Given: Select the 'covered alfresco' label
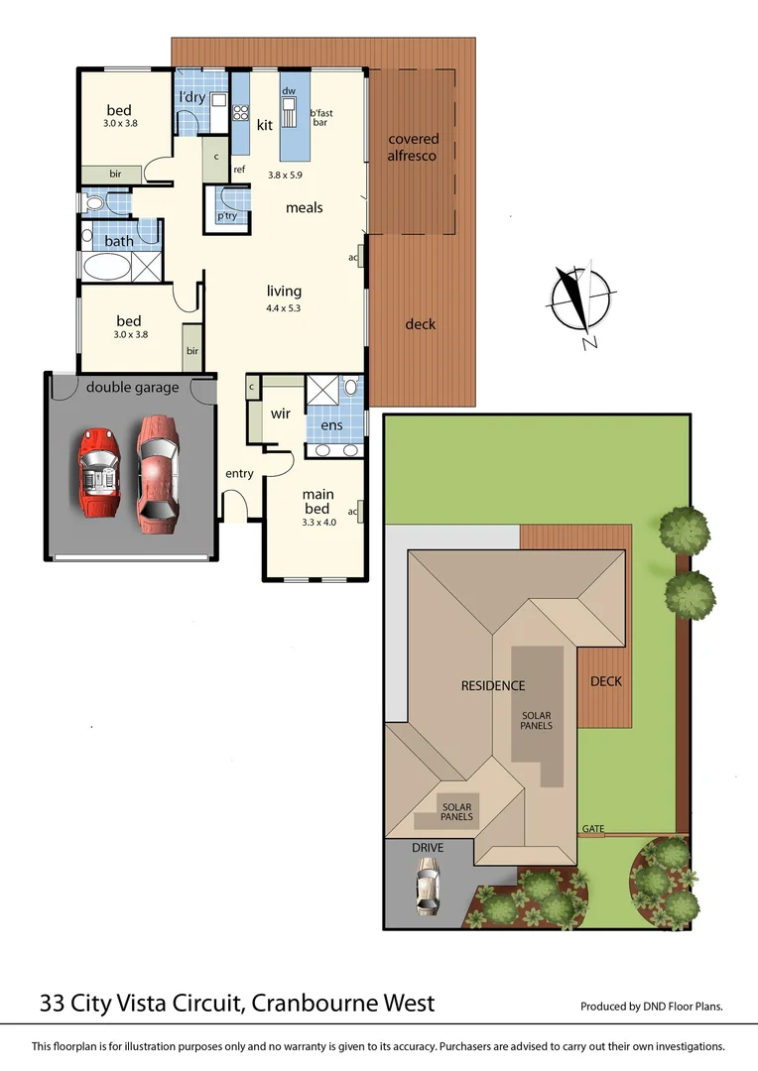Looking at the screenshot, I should click(x=413, y=147).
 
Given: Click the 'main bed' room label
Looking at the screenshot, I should click(x=318, y=501).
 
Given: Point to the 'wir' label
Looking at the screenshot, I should click(x=281, y=414).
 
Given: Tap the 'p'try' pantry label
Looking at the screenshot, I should click(x=227, y=215).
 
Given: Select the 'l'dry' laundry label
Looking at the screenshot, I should click(x=191, y=97).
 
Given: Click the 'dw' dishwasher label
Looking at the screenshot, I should click(x=289, y=91).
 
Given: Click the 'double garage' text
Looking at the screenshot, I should click(x=132, y=387).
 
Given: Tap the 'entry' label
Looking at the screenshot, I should click(x=239, y=474).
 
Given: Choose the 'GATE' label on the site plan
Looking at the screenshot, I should click(x=593, y=829).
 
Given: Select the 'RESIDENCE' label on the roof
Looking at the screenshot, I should click(x=492, y=685).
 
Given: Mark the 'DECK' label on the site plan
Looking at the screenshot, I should click(x=605, y=681).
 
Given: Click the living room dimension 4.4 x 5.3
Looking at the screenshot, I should click(x=284, y=307).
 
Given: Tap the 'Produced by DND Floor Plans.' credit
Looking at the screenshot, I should click(x=651, y=1006).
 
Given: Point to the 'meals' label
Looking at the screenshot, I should click(x=305, y=208).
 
